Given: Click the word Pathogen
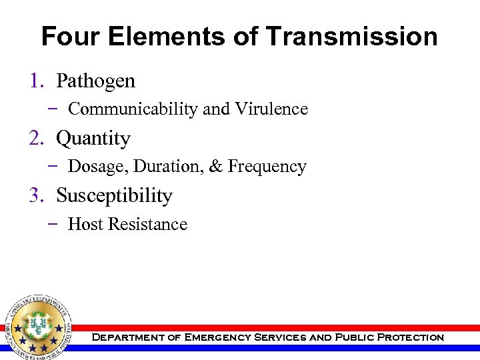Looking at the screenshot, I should pyautogui.click(x=95, y=81).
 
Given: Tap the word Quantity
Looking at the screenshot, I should pyautogui.click(x=93, y=139).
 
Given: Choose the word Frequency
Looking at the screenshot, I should pyautogui.click(x=267, y=167).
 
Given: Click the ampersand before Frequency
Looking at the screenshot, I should pyautogui.click(x=215, y=167).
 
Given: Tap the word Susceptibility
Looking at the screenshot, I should pyautogui.click(x=114, y=196).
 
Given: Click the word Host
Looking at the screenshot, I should pyautogui.click(x=85, y=225).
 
